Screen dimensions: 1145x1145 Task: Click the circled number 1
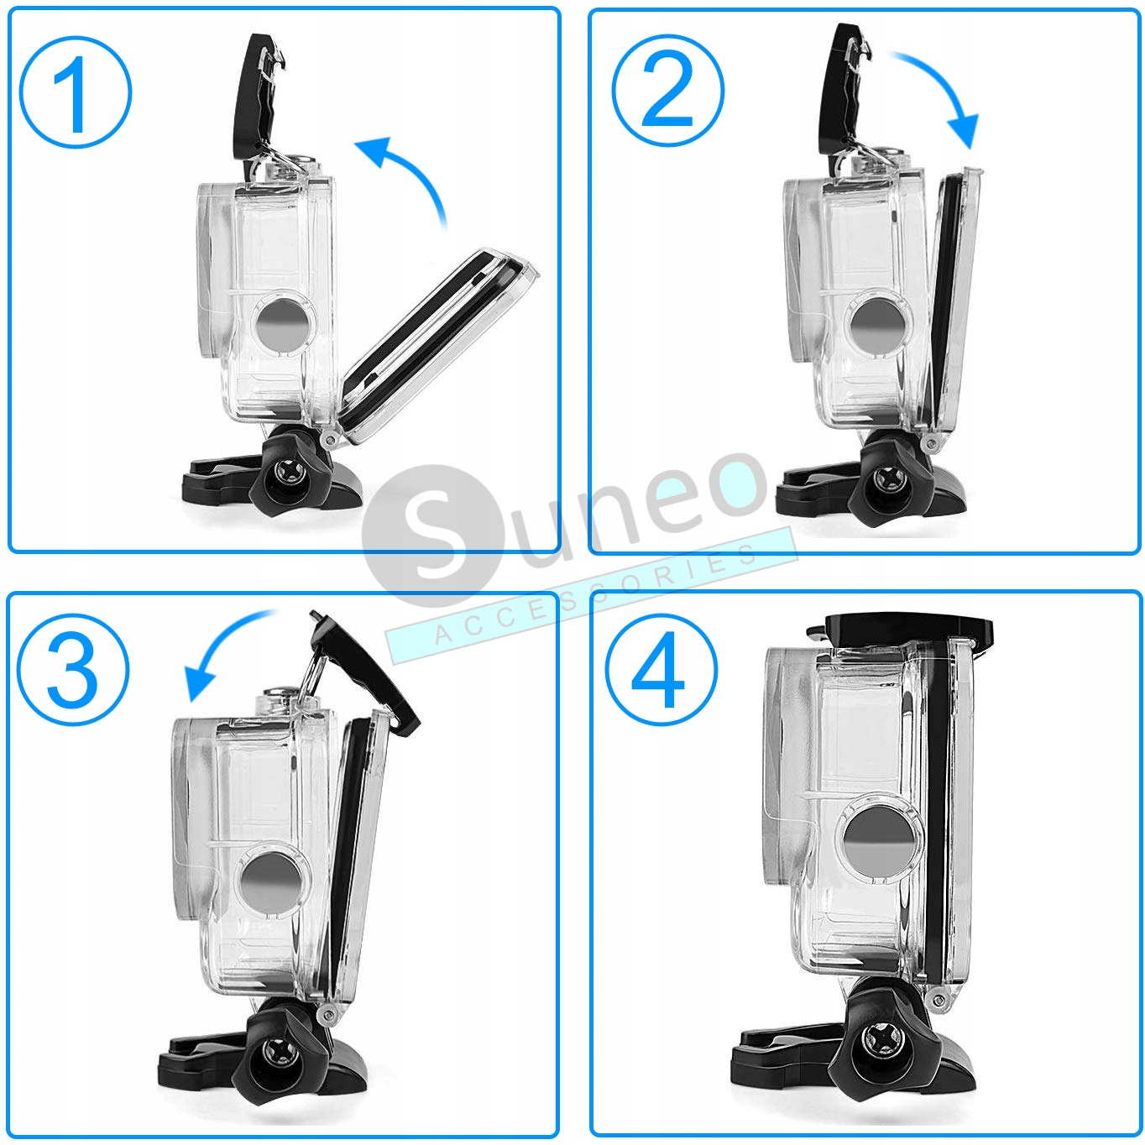(76, 92)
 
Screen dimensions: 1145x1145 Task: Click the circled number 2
(667, 91)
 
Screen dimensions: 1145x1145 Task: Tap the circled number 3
(74, 670)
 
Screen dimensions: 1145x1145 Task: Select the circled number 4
(661, 670)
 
